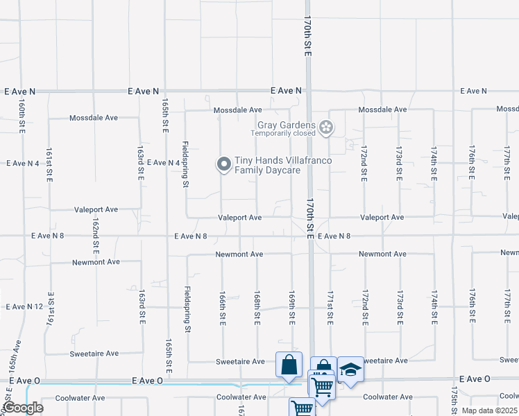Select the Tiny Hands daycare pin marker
[223, 164]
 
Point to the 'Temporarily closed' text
[283, 133]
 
